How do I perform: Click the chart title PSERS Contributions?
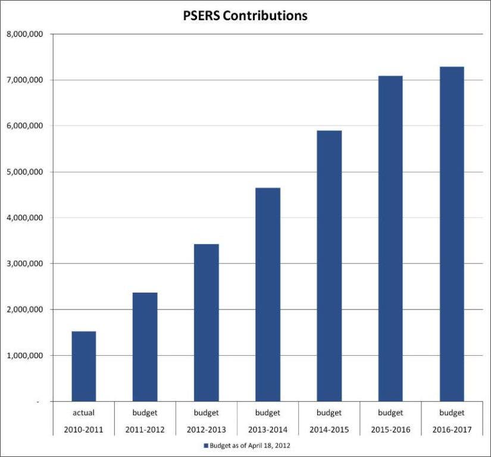click(245, 16)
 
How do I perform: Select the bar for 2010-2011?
click(84, 366)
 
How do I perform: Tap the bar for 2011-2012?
click(145, 346)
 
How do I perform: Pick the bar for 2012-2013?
click(207, 323)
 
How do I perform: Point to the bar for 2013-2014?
click(268, 295)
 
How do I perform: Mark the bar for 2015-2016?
click(390, 238)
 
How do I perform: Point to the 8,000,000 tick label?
click(24, 34)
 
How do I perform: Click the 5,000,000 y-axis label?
click(24, 172)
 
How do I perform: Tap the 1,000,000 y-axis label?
click(24, 356)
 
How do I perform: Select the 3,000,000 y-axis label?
click(24, 264)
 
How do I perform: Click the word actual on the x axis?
click(84, 412)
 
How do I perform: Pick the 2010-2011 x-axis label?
click(84, 428)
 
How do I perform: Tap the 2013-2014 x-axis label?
click(268, 428)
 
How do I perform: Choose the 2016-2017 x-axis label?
click(452, 428)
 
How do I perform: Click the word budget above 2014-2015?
click(329, 412)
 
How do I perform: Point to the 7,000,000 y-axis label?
click(24, 80)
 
